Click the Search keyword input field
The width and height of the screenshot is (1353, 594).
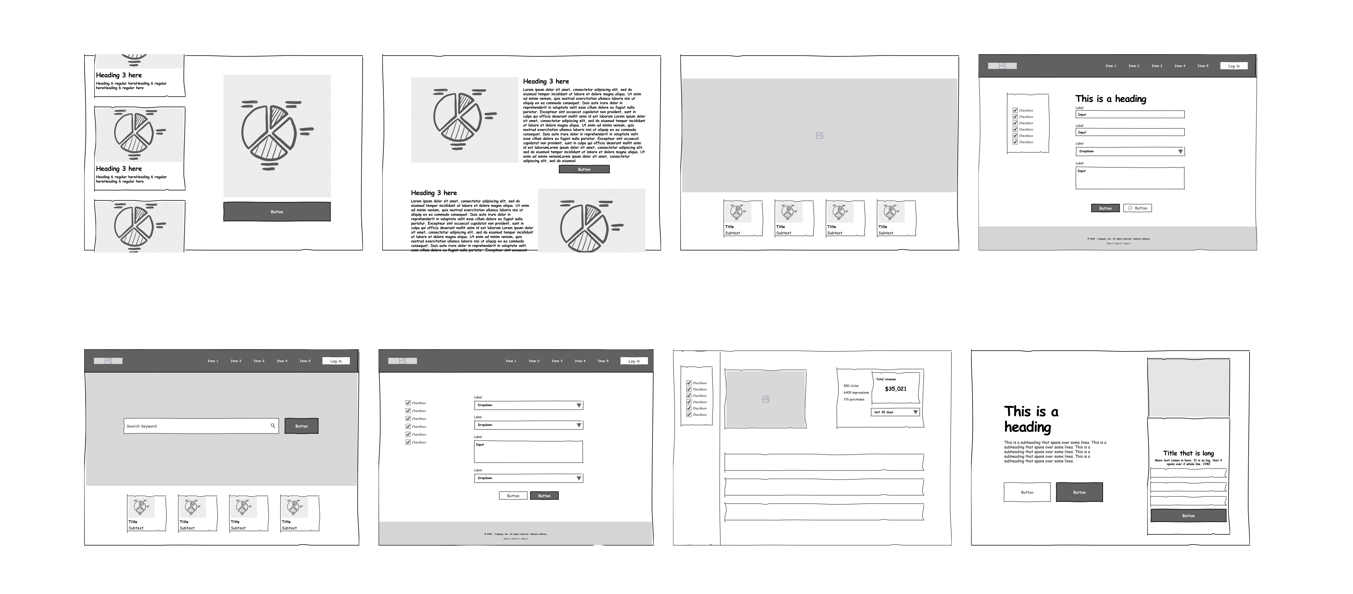click(x=197, y=426)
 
